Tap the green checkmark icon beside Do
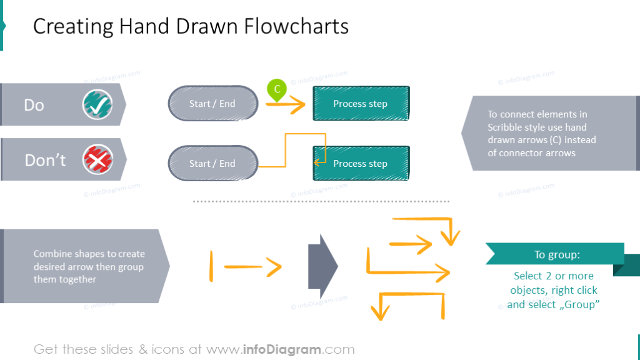click(x=97, y=104)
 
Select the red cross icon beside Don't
click(x=97, y=160)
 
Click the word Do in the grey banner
click(x=34, y=105)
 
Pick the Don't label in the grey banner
click(x=45, y=161)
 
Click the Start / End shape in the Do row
click(x=212, y=104)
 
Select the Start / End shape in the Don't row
click(x=212, y=164)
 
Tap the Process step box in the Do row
click(x=360, y=104)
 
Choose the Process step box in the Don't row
click(x=360, y=164)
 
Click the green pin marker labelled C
click(x=276, y=90)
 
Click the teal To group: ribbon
click(x=556, y=254)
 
